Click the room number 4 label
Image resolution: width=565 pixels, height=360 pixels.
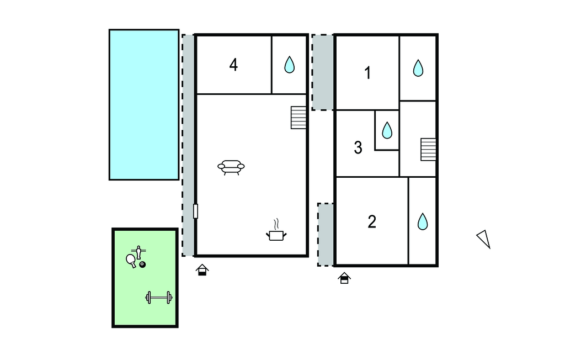point(233,65)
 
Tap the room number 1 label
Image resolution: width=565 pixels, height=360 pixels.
point(367,73)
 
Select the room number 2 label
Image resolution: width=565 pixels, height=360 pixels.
point(372,221)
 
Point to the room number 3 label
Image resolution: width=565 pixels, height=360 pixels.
point(358,147)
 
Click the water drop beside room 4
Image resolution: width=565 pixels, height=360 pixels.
point(289,65)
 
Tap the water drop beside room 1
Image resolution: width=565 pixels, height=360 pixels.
point(418,68)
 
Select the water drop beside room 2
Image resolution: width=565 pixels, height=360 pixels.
point(423,221)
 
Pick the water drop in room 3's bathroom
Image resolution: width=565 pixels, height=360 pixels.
point(387,130)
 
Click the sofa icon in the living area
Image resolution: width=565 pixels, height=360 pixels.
point(231,167)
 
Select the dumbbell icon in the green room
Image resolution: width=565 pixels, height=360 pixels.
point(159,298)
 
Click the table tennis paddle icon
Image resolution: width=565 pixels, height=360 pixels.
point(131,261)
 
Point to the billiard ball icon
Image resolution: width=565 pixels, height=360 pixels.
point(143,264)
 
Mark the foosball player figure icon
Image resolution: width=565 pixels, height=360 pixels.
point(138,252)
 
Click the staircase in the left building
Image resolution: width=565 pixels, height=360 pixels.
point(299,118)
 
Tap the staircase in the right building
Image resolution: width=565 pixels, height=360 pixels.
point(428,149)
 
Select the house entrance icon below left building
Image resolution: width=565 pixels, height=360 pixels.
point(202,270)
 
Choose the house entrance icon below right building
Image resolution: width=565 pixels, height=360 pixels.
point(344,278)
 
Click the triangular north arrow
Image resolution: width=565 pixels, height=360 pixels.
point(484,239)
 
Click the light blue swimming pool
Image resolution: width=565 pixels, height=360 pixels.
point(144,104)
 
